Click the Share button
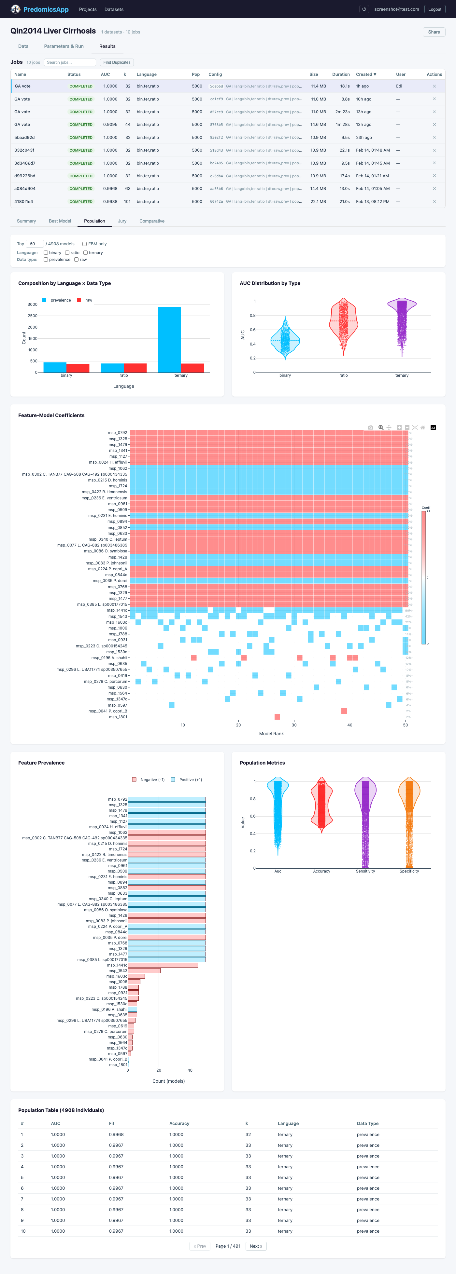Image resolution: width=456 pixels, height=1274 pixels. [434, 32]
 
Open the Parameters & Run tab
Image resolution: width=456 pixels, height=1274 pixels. [64, 47]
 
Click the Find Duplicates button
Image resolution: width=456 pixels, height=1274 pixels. [117, 62]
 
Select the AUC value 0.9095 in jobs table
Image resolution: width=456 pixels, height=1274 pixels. [110, 125]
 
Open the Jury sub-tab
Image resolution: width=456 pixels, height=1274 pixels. [122, 221]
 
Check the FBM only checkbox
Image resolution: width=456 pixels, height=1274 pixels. [85, 244]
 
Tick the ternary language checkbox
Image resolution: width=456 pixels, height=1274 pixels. [86, 253]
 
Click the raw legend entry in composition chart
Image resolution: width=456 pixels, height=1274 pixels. [85, 300]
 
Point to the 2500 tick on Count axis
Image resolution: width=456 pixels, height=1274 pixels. [33, 316]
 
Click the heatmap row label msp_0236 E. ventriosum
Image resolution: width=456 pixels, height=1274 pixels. [105, 498]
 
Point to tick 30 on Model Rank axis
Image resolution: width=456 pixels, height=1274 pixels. [294, 725]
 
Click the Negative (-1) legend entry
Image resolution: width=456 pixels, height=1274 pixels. [149, 780]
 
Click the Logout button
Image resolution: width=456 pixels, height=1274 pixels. [435, 9]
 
